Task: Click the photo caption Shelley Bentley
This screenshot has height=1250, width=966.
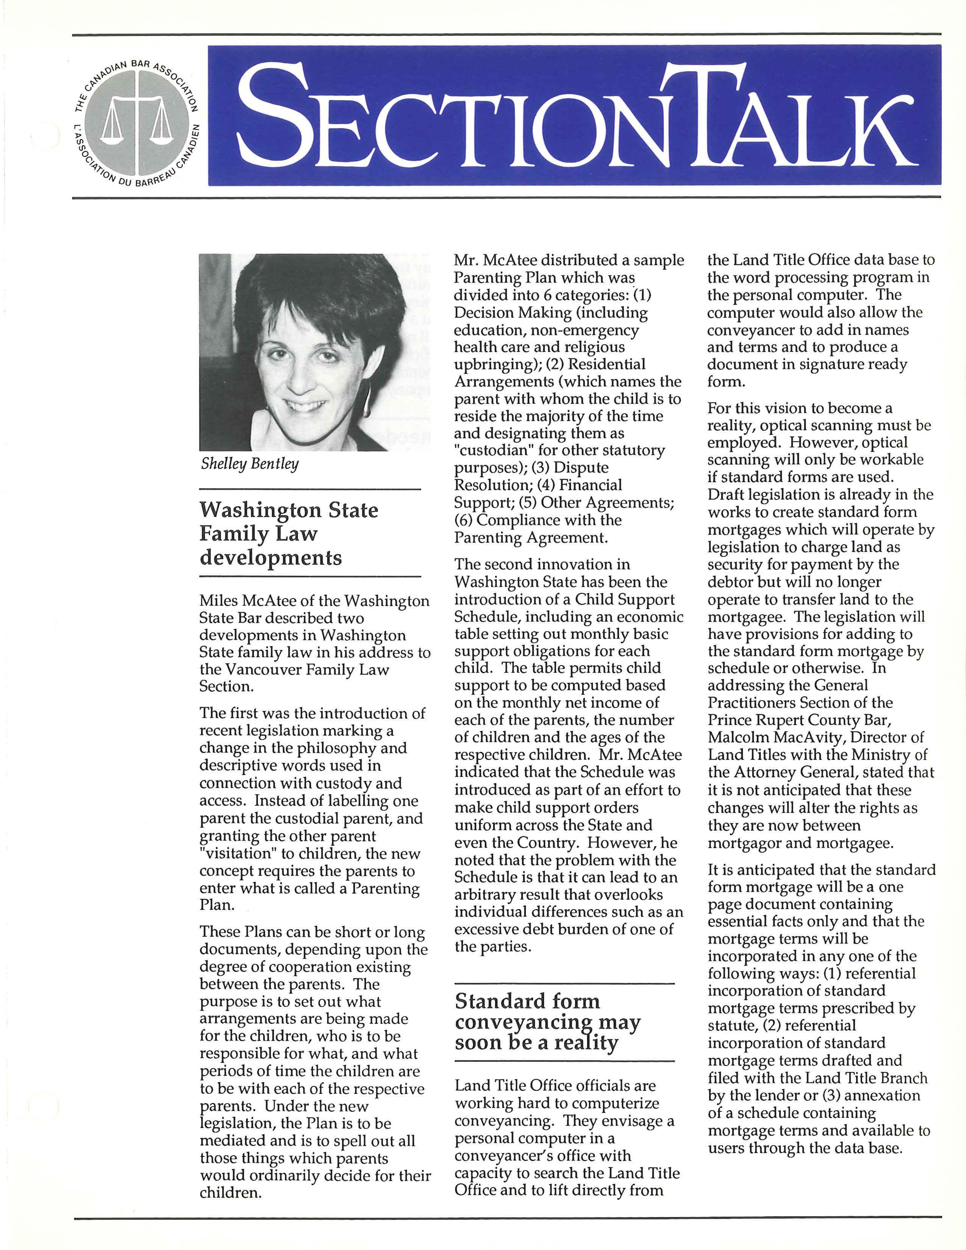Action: (250, 464)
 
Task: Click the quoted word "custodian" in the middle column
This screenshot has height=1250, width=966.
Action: (493, 451)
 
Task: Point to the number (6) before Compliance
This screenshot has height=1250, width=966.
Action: (464, 520)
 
